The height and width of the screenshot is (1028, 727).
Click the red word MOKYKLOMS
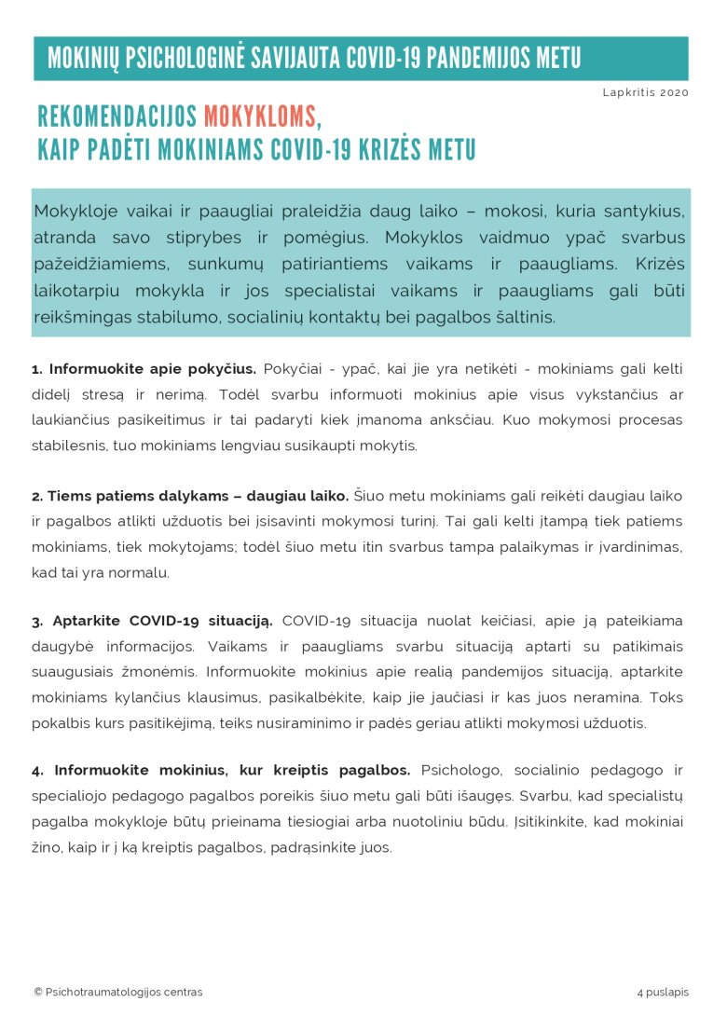point(259,117)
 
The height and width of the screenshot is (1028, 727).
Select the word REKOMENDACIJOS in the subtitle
point(117,117)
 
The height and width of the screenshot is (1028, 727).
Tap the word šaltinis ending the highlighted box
point(524,317)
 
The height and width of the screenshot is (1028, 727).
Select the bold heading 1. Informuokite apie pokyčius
point(144,368)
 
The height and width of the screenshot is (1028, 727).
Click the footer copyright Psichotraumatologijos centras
point(118,992)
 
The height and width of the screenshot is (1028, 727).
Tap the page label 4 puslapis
point(663,992)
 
